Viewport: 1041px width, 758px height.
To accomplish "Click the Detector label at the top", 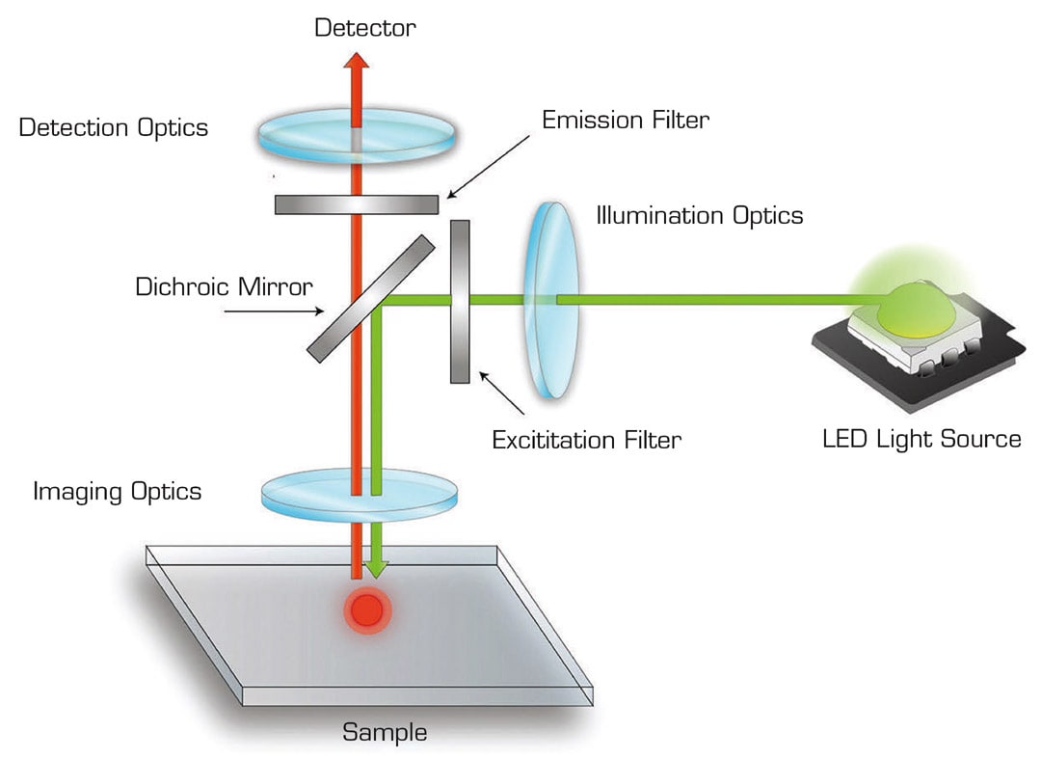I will [x=365, y=27].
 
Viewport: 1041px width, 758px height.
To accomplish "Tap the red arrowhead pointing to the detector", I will [x=357, y=63].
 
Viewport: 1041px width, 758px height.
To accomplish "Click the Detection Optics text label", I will [x=114, y=127].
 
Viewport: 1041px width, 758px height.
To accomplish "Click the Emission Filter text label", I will [x=626, y=121].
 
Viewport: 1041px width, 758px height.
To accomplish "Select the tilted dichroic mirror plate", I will [x=371, y=298].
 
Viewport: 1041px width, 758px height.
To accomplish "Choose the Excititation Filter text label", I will [x=586, y=441].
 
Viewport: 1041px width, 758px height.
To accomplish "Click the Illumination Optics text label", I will [x=700, y=215].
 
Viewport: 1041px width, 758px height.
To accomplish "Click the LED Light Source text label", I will [x=921, y=440].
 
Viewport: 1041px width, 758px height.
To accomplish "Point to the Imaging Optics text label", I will [x=118, y=492].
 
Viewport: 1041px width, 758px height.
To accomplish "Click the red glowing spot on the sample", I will [x=366, y=609].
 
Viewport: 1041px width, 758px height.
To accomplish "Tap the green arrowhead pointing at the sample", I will [x=376, y=569].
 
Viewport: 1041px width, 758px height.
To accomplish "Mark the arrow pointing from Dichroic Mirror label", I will [x=274, y=311].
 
